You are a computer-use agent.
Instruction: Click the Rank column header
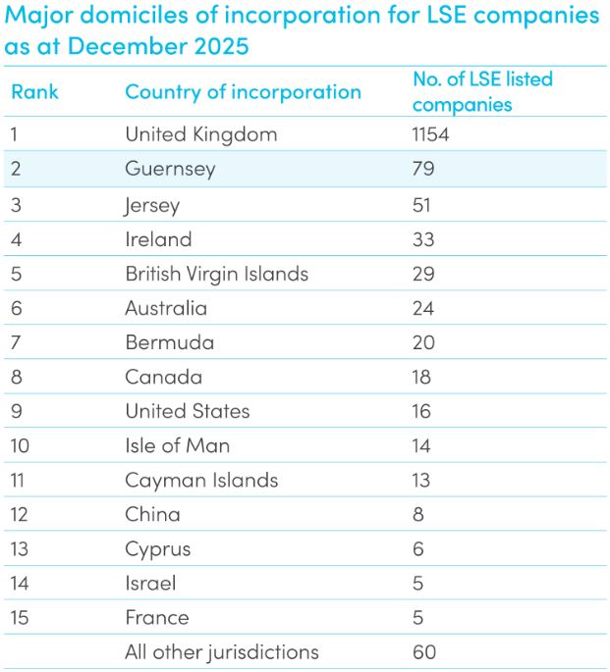pos(34,92)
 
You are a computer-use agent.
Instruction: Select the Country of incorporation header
pos(243,92)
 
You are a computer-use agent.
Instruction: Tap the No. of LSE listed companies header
pos(482,91)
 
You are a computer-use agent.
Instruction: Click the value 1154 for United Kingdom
pos(430,134)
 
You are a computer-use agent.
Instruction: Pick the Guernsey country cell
pos(170,169)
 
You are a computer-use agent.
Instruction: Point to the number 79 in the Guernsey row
pos(423,169)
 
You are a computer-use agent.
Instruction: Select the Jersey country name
pos(152,205)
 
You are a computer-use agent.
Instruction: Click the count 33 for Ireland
pos(423,239)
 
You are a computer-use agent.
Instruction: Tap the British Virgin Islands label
pos(216,274)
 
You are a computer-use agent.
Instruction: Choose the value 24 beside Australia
pos(423,308)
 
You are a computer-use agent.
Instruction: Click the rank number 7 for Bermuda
pos(16,342)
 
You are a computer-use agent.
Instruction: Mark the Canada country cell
pos(163,377)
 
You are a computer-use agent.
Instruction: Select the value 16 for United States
pos(422,411)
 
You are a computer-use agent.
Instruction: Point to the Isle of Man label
pos(177,445)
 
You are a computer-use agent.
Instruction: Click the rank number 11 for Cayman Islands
pos(20,480)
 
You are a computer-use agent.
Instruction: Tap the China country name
pos(152,514)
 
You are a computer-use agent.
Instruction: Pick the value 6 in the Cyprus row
pos(418,548)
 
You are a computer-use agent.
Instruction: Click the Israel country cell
pos(150,583)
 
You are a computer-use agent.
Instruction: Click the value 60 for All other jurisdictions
pos(424,651)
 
